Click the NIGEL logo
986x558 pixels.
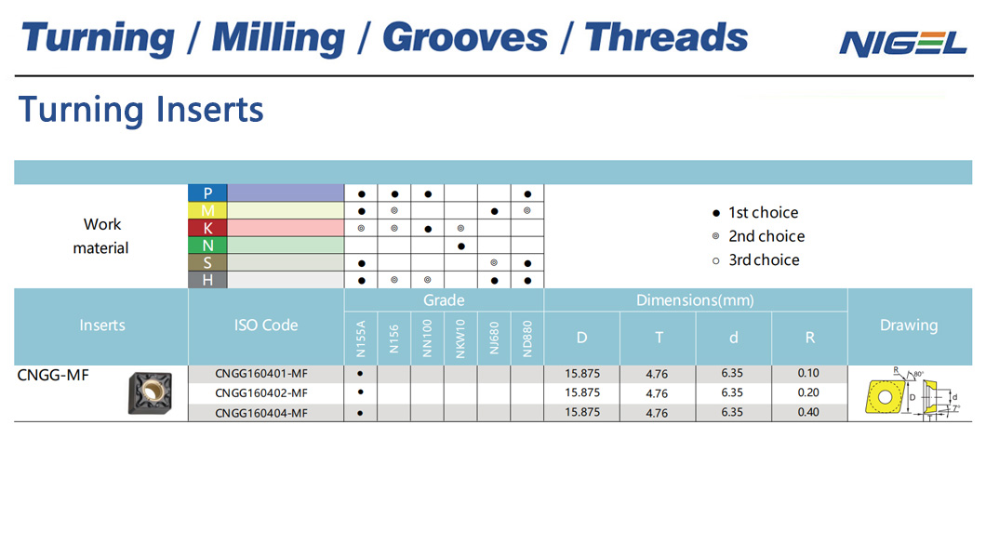[902, 44]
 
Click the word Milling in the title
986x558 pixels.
[278, 38]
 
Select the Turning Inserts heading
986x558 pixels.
[140, 110]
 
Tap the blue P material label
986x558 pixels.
[207, 193]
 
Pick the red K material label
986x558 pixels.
[207, 228]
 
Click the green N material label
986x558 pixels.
[207, 246]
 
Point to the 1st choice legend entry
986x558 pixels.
[755, 212]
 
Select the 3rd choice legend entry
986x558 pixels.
[756, 260]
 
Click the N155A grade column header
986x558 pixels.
[361, 339]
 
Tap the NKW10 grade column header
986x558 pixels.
[460, 339]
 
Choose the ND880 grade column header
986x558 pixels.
[527, 339]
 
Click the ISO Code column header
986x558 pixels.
[266, 325]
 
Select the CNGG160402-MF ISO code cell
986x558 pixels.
[261, 392]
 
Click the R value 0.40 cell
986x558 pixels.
[808, 412]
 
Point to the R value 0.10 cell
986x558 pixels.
[808, 373]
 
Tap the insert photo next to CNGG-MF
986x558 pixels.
[151, 393]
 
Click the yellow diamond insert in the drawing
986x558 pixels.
[885, 396]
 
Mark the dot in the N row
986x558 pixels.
[461, 246]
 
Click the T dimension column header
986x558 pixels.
[659, 339]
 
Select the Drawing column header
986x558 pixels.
[909, 325]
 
